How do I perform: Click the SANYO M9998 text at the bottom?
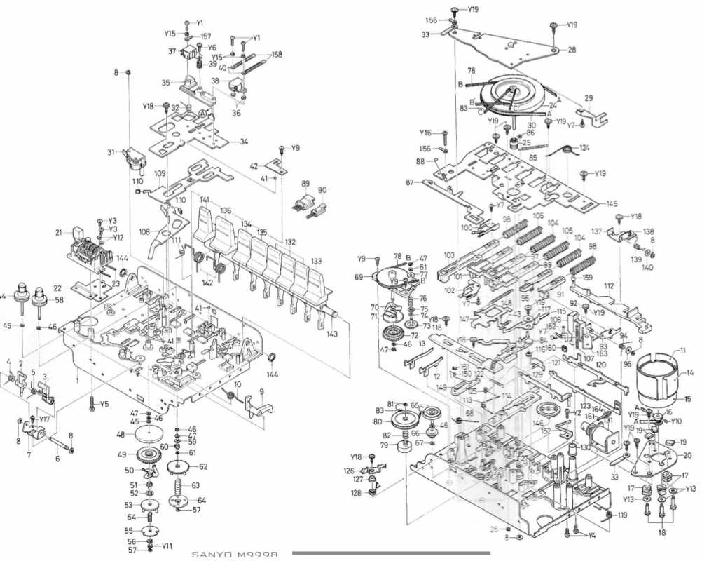(x=235, y=555)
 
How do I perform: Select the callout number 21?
(x=59, y=233)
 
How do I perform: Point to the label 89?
(x=305, y=184)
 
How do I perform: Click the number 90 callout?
(x=322, y=191)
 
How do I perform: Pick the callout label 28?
(x=572, y=50)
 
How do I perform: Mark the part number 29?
(x=589, y=98)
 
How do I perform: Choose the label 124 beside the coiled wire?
(x=584, y=148)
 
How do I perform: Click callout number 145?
(x=612, y=204)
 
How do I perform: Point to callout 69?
(x=378, y=278)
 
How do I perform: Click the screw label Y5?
(x=104, y=405)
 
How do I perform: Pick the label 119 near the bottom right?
(x=622, y=515)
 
